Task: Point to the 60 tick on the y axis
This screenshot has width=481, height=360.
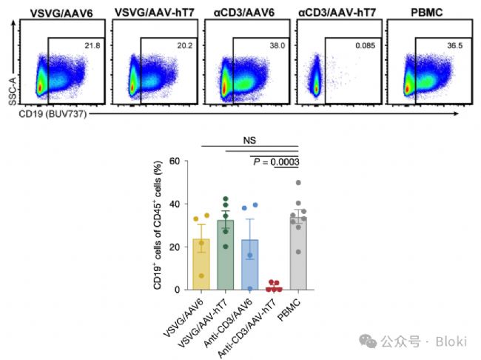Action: pos(175,161)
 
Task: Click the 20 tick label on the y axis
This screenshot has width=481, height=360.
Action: pos(175,247)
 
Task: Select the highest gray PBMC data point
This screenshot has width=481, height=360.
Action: pos(298,182)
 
